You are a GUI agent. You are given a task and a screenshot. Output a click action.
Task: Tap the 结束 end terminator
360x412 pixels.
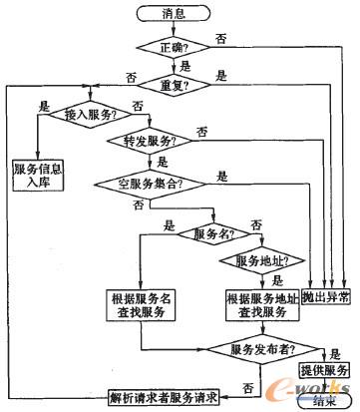324,401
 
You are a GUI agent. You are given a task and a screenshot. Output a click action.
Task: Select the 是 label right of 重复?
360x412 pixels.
220,75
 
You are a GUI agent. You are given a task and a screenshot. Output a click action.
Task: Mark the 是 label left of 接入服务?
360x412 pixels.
42,103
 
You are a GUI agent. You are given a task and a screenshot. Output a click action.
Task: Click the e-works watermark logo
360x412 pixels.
314,387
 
